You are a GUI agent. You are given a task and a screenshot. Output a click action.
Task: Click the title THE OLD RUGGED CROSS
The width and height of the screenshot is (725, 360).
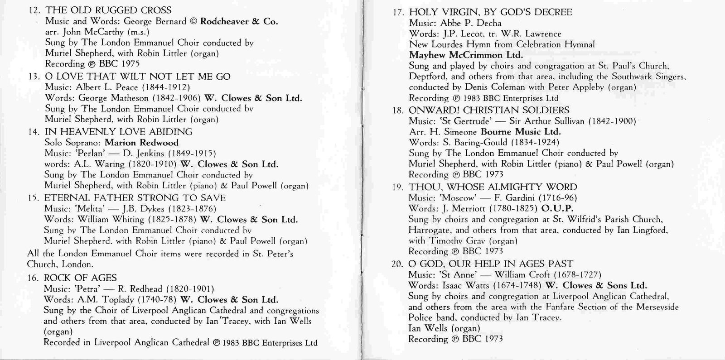108,10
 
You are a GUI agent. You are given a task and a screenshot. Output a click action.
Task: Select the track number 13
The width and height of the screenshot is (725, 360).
34,77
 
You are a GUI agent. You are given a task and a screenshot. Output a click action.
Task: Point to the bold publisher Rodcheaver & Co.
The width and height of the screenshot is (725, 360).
239,21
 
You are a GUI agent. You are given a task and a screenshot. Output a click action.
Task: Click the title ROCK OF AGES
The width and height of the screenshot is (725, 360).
80,278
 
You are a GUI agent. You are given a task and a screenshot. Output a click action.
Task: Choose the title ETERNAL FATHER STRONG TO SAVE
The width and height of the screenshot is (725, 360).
135,198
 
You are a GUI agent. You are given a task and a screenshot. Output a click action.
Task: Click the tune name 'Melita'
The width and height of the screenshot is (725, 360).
91,209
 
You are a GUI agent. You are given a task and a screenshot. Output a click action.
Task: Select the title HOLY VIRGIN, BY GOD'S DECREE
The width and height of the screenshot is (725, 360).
490,12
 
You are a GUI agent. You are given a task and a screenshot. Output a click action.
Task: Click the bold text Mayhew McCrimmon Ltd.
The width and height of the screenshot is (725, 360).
466,55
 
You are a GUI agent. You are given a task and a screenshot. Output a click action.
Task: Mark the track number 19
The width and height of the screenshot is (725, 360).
398,187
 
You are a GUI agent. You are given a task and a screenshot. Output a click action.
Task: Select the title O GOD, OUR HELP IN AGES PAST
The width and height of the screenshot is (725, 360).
490,264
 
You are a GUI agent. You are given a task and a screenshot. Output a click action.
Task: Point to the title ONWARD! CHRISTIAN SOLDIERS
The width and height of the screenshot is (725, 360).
489,110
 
